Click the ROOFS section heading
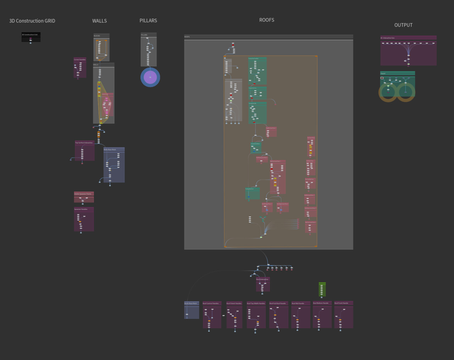point(267,20)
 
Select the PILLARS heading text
point(148,21)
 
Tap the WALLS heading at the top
point(99,21)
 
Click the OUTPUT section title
point(403,25)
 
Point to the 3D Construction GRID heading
point(32,21)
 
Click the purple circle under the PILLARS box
point(150,77)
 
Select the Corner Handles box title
point(80,60)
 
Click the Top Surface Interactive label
point(84,143)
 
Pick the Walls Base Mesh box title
point(110,149)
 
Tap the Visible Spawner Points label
point(83,194)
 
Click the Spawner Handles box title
point(81,209)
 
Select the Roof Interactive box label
point(262,279)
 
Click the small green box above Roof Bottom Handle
point(322,289)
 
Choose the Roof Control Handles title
point(211,304)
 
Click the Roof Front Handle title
point(341,303)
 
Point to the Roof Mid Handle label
point(298,304)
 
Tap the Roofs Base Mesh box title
point(191,304)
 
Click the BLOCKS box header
point(97,36)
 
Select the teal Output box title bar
point(397,73)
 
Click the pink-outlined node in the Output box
point(382,78)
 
